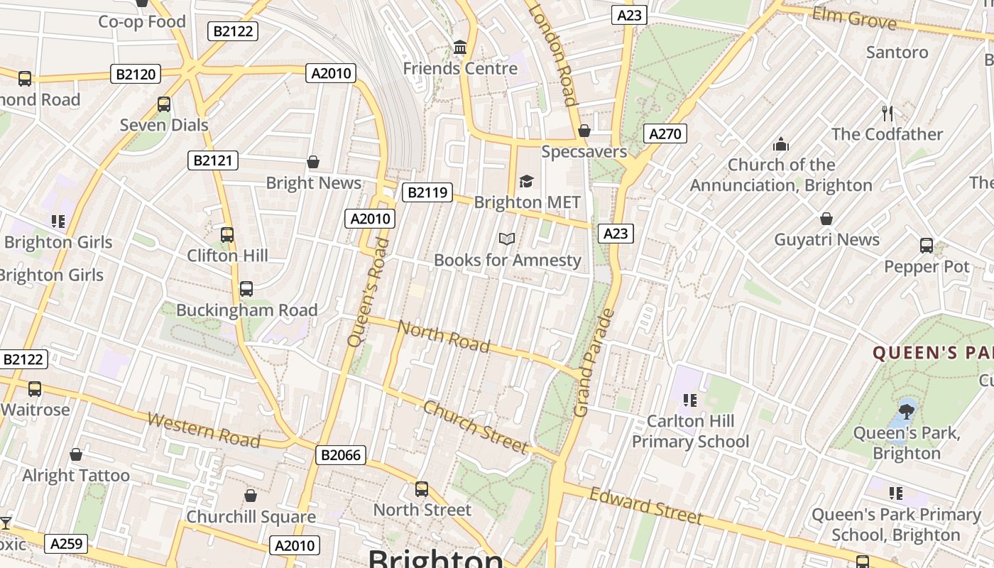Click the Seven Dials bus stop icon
(164, 104)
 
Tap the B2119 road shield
(427, 192)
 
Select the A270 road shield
(665, 133)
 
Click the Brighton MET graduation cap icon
(526, 182)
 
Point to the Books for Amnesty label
(507, 261)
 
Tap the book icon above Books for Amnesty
(506, 239)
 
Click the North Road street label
(444, 337)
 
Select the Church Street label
(476, 427)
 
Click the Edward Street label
(645, 506)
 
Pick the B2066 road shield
(340, 455)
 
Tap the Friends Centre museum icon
(460, 48)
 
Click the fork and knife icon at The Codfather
(887, 112)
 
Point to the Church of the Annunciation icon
(781, 144)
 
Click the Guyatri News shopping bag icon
(826, 219)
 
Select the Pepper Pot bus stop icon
(926, 246)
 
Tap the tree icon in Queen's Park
(906, 410)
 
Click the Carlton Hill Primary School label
(690, 432)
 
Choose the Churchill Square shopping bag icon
(250, 496)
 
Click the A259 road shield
(67, 545)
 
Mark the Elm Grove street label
(854, 18)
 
